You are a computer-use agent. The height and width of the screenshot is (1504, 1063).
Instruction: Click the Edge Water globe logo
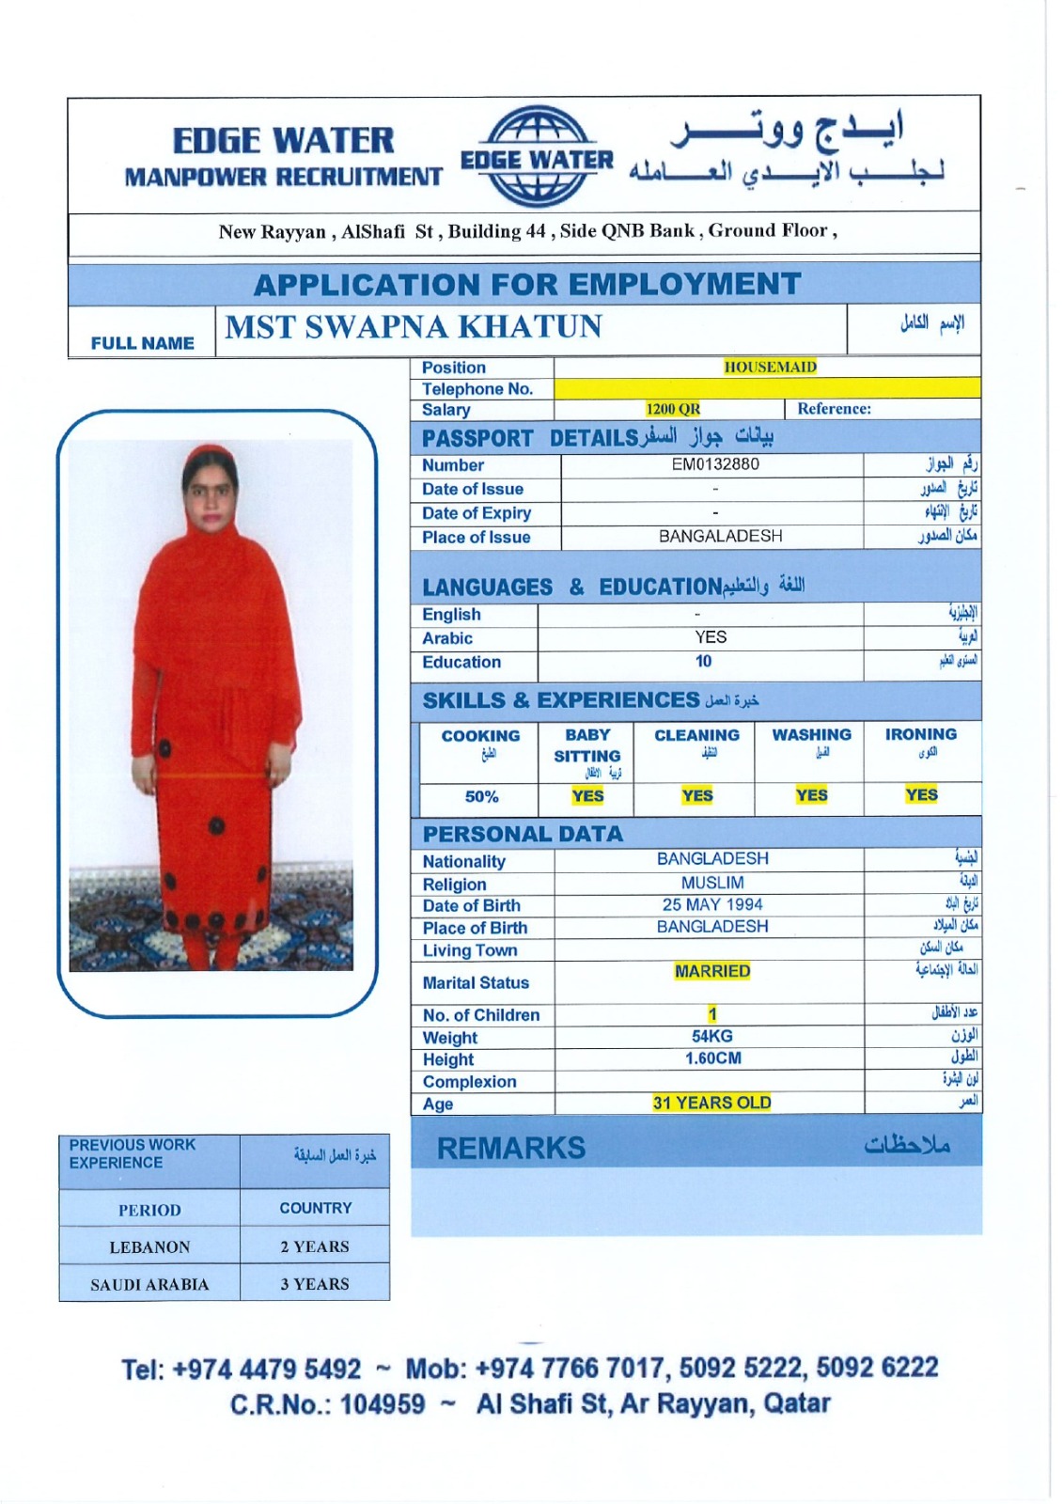(538, 157)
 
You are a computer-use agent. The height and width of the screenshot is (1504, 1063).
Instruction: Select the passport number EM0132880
(715, 464)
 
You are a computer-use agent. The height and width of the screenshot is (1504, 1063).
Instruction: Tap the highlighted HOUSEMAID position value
(770, 367)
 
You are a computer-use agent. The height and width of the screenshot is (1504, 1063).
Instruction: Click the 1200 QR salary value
(673, 409)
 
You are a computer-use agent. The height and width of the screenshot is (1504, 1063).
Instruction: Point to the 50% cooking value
(481, 796)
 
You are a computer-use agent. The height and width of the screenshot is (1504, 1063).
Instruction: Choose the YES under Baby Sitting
(587, 796)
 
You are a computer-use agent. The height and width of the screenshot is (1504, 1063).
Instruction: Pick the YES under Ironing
(921, 795)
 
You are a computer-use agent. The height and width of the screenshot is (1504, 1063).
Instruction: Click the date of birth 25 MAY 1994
(712, 904)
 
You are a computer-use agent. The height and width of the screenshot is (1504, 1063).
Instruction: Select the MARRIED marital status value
(712, 971)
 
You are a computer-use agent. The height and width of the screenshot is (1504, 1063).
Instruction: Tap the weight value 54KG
(712, 1036)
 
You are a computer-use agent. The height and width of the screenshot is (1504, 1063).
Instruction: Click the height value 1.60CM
(712, 1058)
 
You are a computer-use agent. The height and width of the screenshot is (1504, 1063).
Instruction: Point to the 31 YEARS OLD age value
(711, 1103)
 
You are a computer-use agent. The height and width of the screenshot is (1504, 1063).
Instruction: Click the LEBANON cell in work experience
(149, 1247)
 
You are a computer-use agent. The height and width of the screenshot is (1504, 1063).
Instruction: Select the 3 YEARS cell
(315, 1284)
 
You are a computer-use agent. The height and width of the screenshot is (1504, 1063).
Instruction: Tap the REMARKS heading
(511, 1148)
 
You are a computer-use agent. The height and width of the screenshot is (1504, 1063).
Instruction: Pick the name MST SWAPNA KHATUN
(414, 327)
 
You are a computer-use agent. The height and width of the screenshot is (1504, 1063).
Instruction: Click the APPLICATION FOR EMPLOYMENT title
(527, 284)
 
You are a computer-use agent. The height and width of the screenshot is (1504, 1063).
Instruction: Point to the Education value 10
(703, 662)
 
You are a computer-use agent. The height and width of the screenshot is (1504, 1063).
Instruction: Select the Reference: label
(834, 409)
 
